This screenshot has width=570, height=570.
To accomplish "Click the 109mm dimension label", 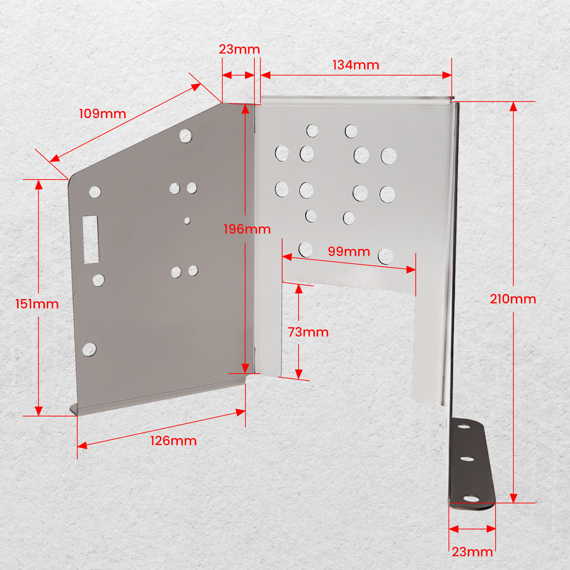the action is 103,114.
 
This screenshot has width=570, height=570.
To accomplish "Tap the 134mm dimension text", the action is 356,65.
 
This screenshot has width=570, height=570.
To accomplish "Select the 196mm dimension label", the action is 247,229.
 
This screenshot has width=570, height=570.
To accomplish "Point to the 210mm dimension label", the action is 513,299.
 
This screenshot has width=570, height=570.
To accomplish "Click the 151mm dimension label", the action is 37,304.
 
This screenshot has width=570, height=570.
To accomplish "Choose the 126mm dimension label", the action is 173,441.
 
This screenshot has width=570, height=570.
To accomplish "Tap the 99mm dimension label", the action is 349,252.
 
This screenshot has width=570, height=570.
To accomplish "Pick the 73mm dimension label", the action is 308,332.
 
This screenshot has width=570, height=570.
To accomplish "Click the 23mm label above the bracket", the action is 239,49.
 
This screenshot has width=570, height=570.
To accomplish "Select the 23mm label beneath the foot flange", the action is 472,552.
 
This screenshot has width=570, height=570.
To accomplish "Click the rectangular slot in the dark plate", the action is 90,239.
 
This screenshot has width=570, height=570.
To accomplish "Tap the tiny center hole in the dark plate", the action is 187,221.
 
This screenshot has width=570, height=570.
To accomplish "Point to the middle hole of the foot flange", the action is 467,458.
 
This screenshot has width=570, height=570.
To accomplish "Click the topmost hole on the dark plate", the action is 185,136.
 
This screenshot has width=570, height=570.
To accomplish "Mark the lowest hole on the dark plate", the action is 89,349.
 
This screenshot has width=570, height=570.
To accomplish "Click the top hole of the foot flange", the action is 464,426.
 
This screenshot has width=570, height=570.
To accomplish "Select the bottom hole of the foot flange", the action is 471,498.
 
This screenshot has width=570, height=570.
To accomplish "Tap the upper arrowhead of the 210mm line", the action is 513,106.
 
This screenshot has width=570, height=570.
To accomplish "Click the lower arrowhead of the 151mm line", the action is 38,411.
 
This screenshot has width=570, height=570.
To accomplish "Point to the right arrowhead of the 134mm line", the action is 447,75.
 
